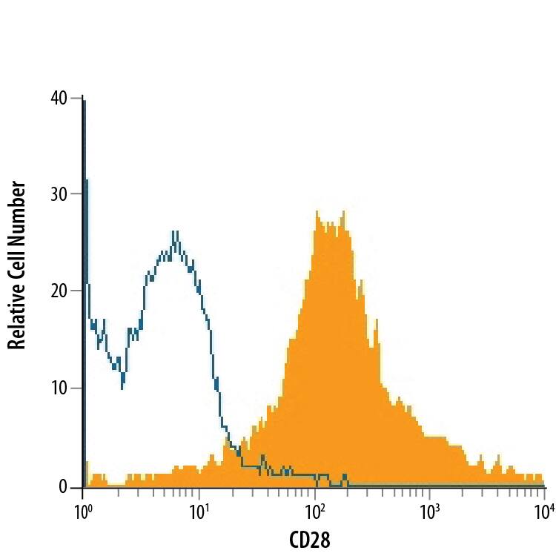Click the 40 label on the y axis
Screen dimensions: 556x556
(x=57, y=98)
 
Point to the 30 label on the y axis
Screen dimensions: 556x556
(x=57, y=194)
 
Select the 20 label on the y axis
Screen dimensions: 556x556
(x=57, y=291)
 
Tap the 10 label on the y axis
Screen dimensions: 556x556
(x=57, y=388)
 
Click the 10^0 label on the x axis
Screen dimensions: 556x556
(x=82, y=512)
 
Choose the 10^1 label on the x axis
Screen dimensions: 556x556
(x=198, y=512)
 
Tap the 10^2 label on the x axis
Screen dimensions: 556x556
(x=314, y=512)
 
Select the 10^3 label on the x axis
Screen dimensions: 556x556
(x=429, y=512)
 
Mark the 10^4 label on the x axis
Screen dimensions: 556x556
(x=544, y=512)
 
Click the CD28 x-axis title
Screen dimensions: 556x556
(x=313, y=539)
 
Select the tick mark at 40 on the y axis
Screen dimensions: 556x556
(x=76, y=98)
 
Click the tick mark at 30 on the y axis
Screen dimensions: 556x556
(x=76, y=194)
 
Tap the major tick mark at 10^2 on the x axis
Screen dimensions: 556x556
(x=315, y=493)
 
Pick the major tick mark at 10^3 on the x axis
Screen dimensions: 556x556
(x=430, y=493)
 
